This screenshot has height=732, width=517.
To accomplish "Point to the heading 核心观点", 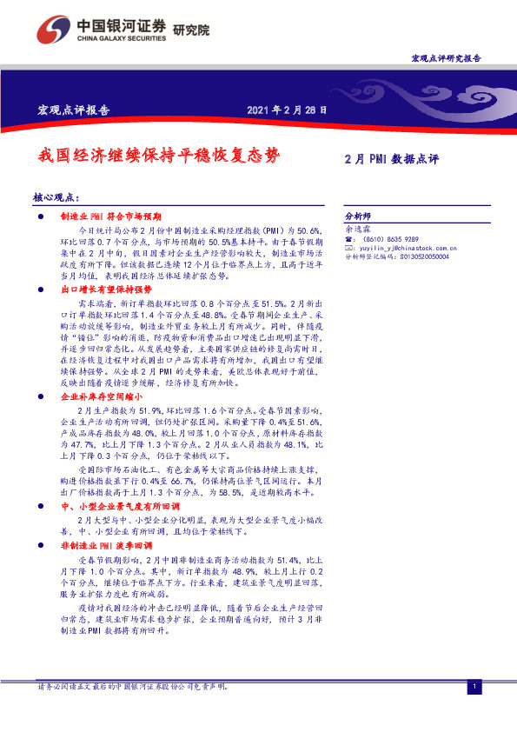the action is (55, 198).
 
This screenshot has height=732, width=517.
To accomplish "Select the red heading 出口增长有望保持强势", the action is (106, 288).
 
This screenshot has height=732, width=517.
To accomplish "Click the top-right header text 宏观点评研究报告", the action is (445, 57).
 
